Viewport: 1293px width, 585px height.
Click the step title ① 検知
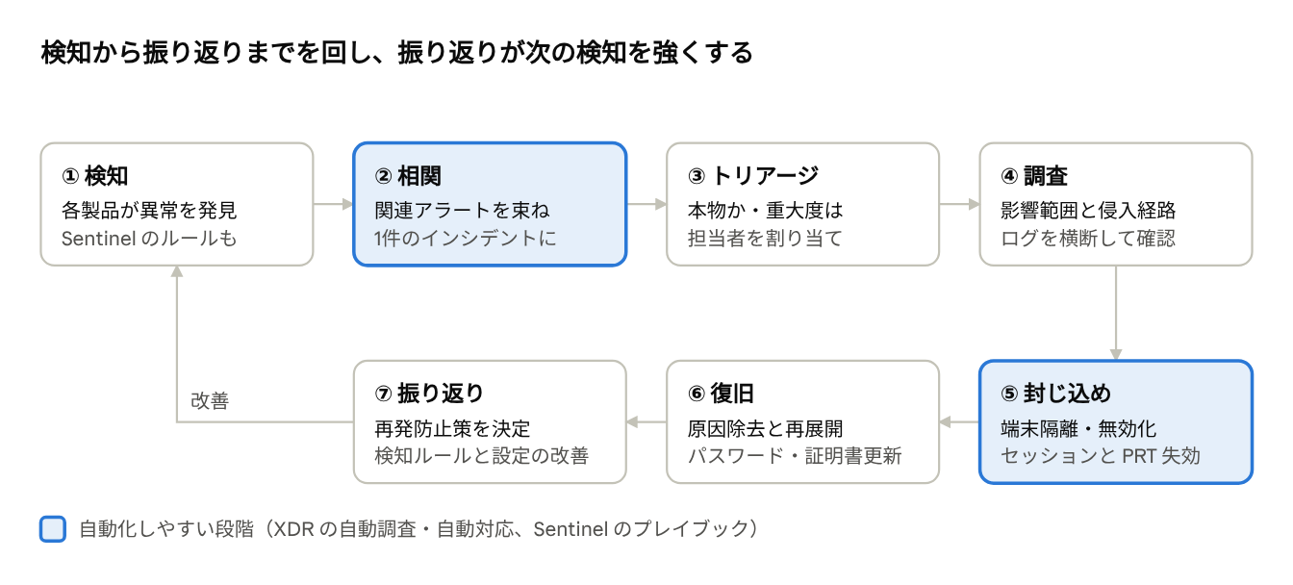click(94, 175)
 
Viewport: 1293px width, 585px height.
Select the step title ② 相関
click(408, 175)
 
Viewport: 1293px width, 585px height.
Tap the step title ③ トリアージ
click(753, 175)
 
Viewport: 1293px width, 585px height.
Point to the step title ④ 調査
click(1034, 175)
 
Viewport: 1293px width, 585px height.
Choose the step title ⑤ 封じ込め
click(1055, 394)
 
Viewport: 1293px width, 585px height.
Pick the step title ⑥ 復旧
click(721, 394)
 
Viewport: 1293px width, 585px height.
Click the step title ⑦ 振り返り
click(429, 394)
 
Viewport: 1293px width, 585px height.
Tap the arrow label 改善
click(210, 400)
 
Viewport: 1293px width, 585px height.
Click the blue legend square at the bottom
click(53, 529)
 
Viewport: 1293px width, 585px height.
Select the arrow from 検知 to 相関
click(333, 204)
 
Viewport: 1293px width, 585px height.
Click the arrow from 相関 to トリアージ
click(646, 204)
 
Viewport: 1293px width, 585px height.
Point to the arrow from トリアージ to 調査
click(959, 204)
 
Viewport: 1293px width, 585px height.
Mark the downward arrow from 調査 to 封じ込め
click(1116, 313)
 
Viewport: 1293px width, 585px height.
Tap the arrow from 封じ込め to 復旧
click(959, 422)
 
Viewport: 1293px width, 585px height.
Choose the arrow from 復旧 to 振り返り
click(646, 422)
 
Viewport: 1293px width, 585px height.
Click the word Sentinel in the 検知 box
click(99, 239)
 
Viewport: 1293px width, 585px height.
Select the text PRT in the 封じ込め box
click(1139, 456)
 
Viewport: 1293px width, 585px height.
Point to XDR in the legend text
click(293, 529)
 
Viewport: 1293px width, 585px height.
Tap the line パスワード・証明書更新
click(795, 456)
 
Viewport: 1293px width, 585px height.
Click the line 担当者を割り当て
click(765, 239)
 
